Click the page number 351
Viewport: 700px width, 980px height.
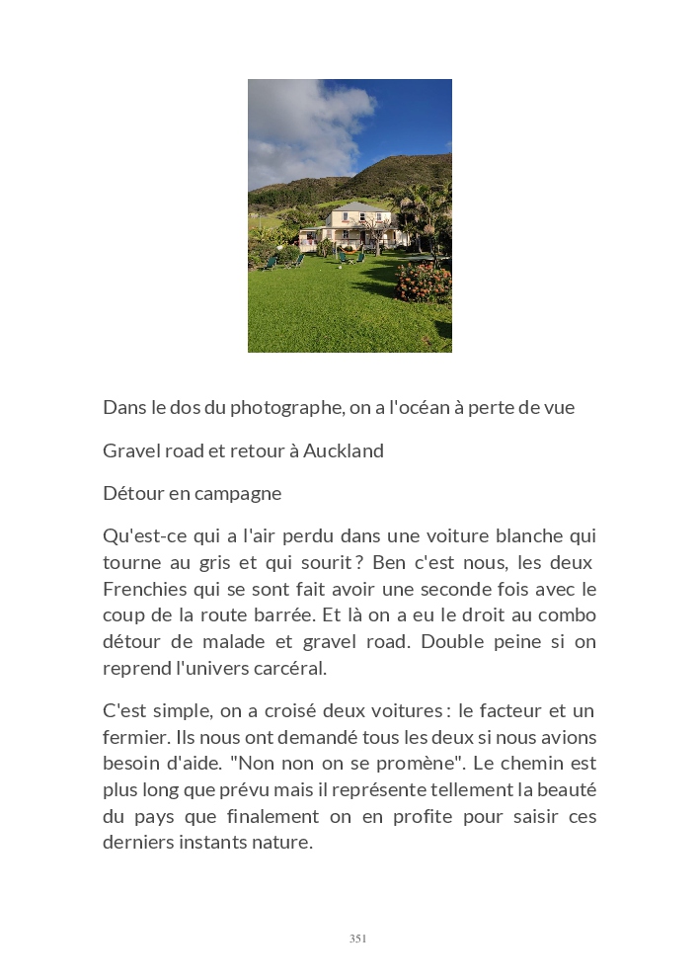coord(357,939)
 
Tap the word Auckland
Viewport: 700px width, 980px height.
coord(343,450)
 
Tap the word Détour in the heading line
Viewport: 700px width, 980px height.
coord(132,493)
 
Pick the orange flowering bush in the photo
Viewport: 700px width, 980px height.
coord(425,283)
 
